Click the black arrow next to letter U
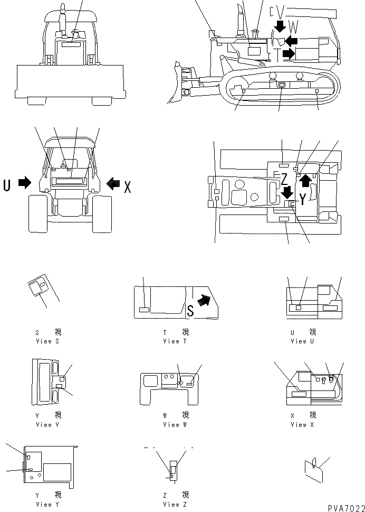pos(24,183)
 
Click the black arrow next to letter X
pos(113,183)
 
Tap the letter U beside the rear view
pos(7,184)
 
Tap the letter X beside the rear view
pos(127,186)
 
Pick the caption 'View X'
pos(299,424)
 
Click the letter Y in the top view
pos(302,198)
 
